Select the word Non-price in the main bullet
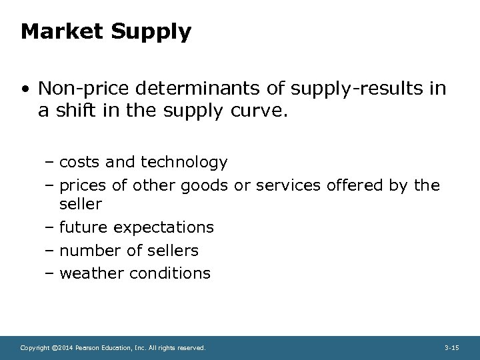tap(81, 89)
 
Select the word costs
tap(79, 162)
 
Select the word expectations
tap(164, 228)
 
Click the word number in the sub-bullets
tap(87, 250)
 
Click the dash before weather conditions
tap(51, 273)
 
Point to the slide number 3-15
tap(451, 348)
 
